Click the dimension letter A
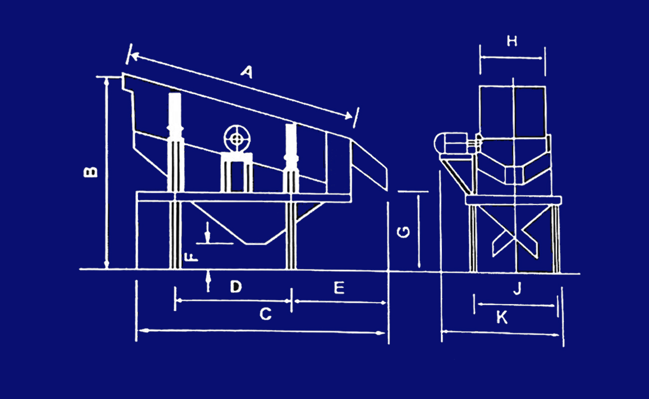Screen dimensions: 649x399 coord(247,72)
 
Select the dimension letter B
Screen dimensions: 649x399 coord(90,172)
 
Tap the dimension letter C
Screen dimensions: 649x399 coord(265,314)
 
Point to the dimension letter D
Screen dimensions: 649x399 coord(236,286)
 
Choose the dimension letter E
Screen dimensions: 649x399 coord(339,288)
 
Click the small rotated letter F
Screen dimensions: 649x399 coord(191,257)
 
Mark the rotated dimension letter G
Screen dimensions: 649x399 coord(403,232)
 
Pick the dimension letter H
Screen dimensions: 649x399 coord(512,41)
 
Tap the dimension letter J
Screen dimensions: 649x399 coord(518,288)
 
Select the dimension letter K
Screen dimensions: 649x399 coord(502,317)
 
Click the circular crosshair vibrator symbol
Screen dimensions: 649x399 coord(237,139)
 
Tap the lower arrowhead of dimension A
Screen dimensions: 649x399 coord(348,116)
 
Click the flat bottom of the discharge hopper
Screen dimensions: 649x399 coord(256,244)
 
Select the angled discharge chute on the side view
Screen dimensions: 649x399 coord(370,166)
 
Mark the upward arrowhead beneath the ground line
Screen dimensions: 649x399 coord(208,276)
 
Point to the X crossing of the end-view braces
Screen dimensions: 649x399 coord(515,238)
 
